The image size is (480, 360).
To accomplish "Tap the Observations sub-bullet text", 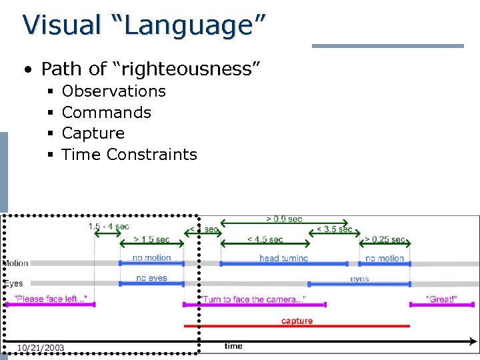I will pyautogui.click(x=113, y=91).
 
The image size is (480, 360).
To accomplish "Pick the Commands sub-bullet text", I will pyautogui.click(x=106, y=113).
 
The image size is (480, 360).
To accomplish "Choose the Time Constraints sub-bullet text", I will pyautogui.click(x=129, y=155).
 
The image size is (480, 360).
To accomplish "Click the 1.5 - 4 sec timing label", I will pyautogui.click(x=109, y=227).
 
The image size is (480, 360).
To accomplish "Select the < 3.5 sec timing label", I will pyautogui.click(x=335, y=229).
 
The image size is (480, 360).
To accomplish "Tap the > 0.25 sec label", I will pyautogui.click(x=385, y=239).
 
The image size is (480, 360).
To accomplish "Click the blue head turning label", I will pyautogui.click(x=284, y=258).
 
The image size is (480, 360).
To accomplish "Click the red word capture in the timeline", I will pyautogui.click(x=297, y=321).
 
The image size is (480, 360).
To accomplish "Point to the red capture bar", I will pyautogui.click(x=297, y=327).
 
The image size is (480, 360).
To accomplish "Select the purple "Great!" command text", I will pyautogui.click(x=441, y=299).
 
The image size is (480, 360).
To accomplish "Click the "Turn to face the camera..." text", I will pyautogui.click(x=253, y=299).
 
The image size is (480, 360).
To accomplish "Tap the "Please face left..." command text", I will pyautogui.click(x=50, y=299).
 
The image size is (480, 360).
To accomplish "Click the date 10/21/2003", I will pyautogui.click(x=41, y=347).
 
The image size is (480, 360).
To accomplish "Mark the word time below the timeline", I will pyautogui.click(x=233, y=346).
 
